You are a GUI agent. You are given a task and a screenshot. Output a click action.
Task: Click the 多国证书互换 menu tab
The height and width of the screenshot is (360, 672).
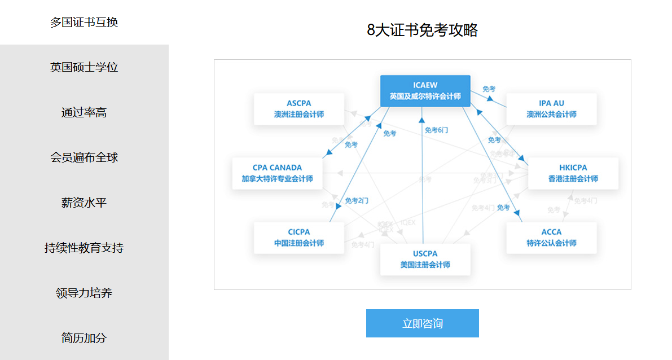point(84,23)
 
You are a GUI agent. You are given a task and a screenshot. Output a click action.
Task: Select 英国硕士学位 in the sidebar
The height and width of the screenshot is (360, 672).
point(84,67)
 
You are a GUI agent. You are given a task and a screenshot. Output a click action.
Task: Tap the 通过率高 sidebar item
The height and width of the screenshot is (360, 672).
point(84,112)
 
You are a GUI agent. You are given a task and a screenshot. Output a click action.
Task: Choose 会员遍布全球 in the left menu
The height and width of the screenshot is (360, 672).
point(84,157)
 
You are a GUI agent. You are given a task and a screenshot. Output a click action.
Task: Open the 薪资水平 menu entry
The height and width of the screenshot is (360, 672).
point(84,203)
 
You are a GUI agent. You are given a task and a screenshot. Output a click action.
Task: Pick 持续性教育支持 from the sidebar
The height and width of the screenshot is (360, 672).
point(84,248)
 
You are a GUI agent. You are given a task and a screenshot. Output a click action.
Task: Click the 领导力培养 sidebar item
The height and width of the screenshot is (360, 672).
point(84,293)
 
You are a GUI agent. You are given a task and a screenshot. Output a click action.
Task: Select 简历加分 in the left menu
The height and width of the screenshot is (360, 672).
point(84,338)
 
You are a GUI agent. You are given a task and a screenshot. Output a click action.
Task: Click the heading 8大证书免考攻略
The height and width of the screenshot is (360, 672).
point(422,30)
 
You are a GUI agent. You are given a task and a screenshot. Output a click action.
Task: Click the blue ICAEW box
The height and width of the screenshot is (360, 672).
point(425,91)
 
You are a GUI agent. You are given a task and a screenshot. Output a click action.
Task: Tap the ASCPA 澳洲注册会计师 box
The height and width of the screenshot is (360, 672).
point(298,109)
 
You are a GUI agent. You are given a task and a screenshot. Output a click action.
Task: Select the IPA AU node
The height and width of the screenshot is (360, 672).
point(551,109)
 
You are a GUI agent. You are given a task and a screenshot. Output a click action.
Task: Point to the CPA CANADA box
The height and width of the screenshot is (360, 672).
point(277,173)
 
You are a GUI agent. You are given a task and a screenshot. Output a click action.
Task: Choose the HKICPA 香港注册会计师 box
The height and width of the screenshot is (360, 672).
point(573,173)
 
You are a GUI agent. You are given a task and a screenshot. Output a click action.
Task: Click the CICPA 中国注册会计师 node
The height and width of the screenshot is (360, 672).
point(298,238)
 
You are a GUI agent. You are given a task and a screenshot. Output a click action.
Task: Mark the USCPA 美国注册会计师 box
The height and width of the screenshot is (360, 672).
point(425,259)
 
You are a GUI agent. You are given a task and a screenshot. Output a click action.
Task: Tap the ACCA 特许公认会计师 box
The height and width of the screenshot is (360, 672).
point(551,238)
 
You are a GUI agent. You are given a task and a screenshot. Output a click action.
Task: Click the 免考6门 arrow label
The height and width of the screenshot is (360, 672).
point(436,130)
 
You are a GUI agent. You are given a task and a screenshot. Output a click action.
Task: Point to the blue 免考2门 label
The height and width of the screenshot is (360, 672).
point(357,200)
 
